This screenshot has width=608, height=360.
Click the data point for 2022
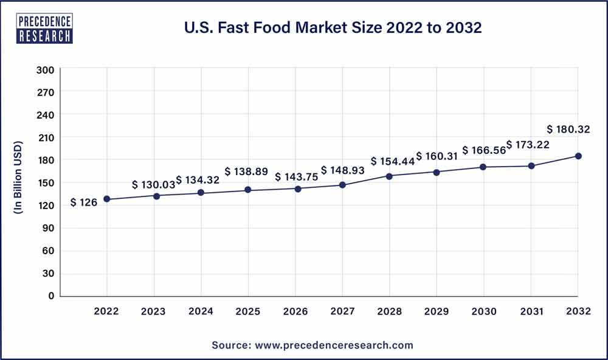(107, 199)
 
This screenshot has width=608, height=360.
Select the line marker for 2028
(390, 176)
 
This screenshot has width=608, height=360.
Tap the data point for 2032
(578, 156)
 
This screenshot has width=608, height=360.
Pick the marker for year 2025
(248, 190)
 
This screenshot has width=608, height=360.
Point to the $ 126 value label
(84, 202)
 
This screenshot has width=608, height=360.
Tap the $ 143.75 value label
(296, 177)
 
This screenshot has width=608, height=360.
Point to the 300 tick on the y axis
(47, 70)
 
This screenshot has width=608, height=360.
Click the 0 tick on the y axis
(52, 296)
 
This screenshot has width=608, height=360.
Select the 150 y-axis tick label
(47, 183)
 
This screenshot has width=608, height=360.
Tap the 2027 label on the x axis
(342, 311)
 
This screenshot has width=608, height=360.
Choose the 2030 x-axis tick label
(484, 311)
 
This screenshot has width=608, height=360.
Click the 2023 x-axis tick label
(154, 311)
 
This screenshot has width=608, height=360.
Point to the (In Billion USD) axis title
(18, 178)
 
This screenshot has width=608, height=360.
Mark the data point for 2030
(484, 167)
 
